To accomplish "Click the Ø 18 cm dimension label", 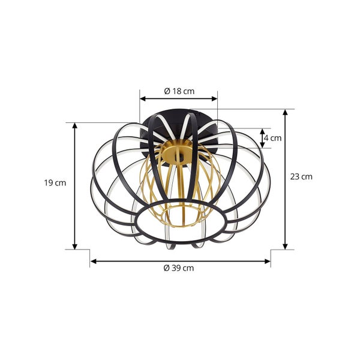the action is [x=179, y=91].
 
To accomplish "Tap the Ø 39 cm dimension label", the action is [x=179, y=268].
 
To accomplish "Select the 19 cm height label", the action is [x=55, y=183].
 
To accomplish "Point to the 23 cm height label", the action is [x=301, y=176].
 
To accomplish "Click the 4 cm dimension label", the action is [x=273, y=138].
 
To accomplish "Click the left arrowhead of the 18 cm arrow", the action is [x=143, y=99].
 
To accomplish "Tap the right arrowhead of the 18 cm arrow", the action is [x=214, y=99].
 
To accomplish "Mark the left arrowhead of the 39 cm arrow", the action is [x=93, y=261].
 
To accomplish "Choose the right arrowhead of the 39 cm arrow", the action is [x=268, y=261].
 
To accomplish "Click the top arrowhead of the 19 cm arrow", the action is [x=74, y=126].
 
